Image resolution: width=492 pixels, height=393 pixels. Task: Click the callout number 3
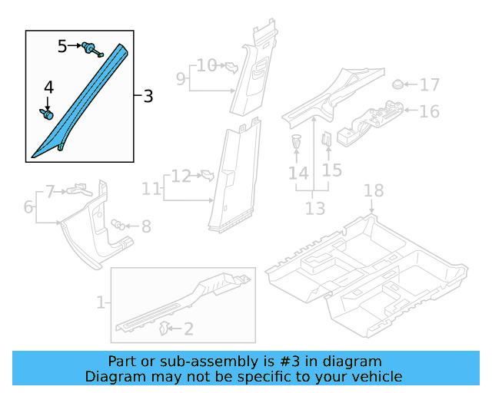[x=148, y=97]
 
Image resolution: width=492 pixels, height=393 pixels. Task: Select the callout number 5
[x=62, y=47]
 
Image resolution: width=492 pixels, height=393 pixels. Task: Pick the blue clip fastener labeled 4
[x=46, y=114]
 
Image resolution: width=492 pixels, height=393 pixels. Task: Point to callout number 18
[x=373, y=190]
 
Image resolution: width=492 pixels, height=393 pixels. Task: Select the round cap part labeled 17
[x=398, y=84]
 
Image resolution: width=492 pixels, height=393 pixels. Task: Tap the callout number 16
[x=429, y=111]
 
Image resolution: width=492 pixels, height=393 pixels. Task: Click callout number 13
[x=315, y=208]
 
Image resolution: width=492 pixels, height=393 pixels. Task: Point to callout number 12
[x=181, y=177]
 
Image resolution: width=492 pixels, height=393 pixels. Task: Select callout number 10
[x=206, y=65]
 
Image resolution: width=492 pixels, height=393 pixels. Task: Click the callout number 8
[x=145, y=226]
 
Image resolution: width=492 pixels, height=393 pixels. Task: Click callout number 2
[x=188, y=329]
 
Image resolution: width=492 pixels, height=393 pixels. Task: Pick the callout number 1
[x=100, y=302]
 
